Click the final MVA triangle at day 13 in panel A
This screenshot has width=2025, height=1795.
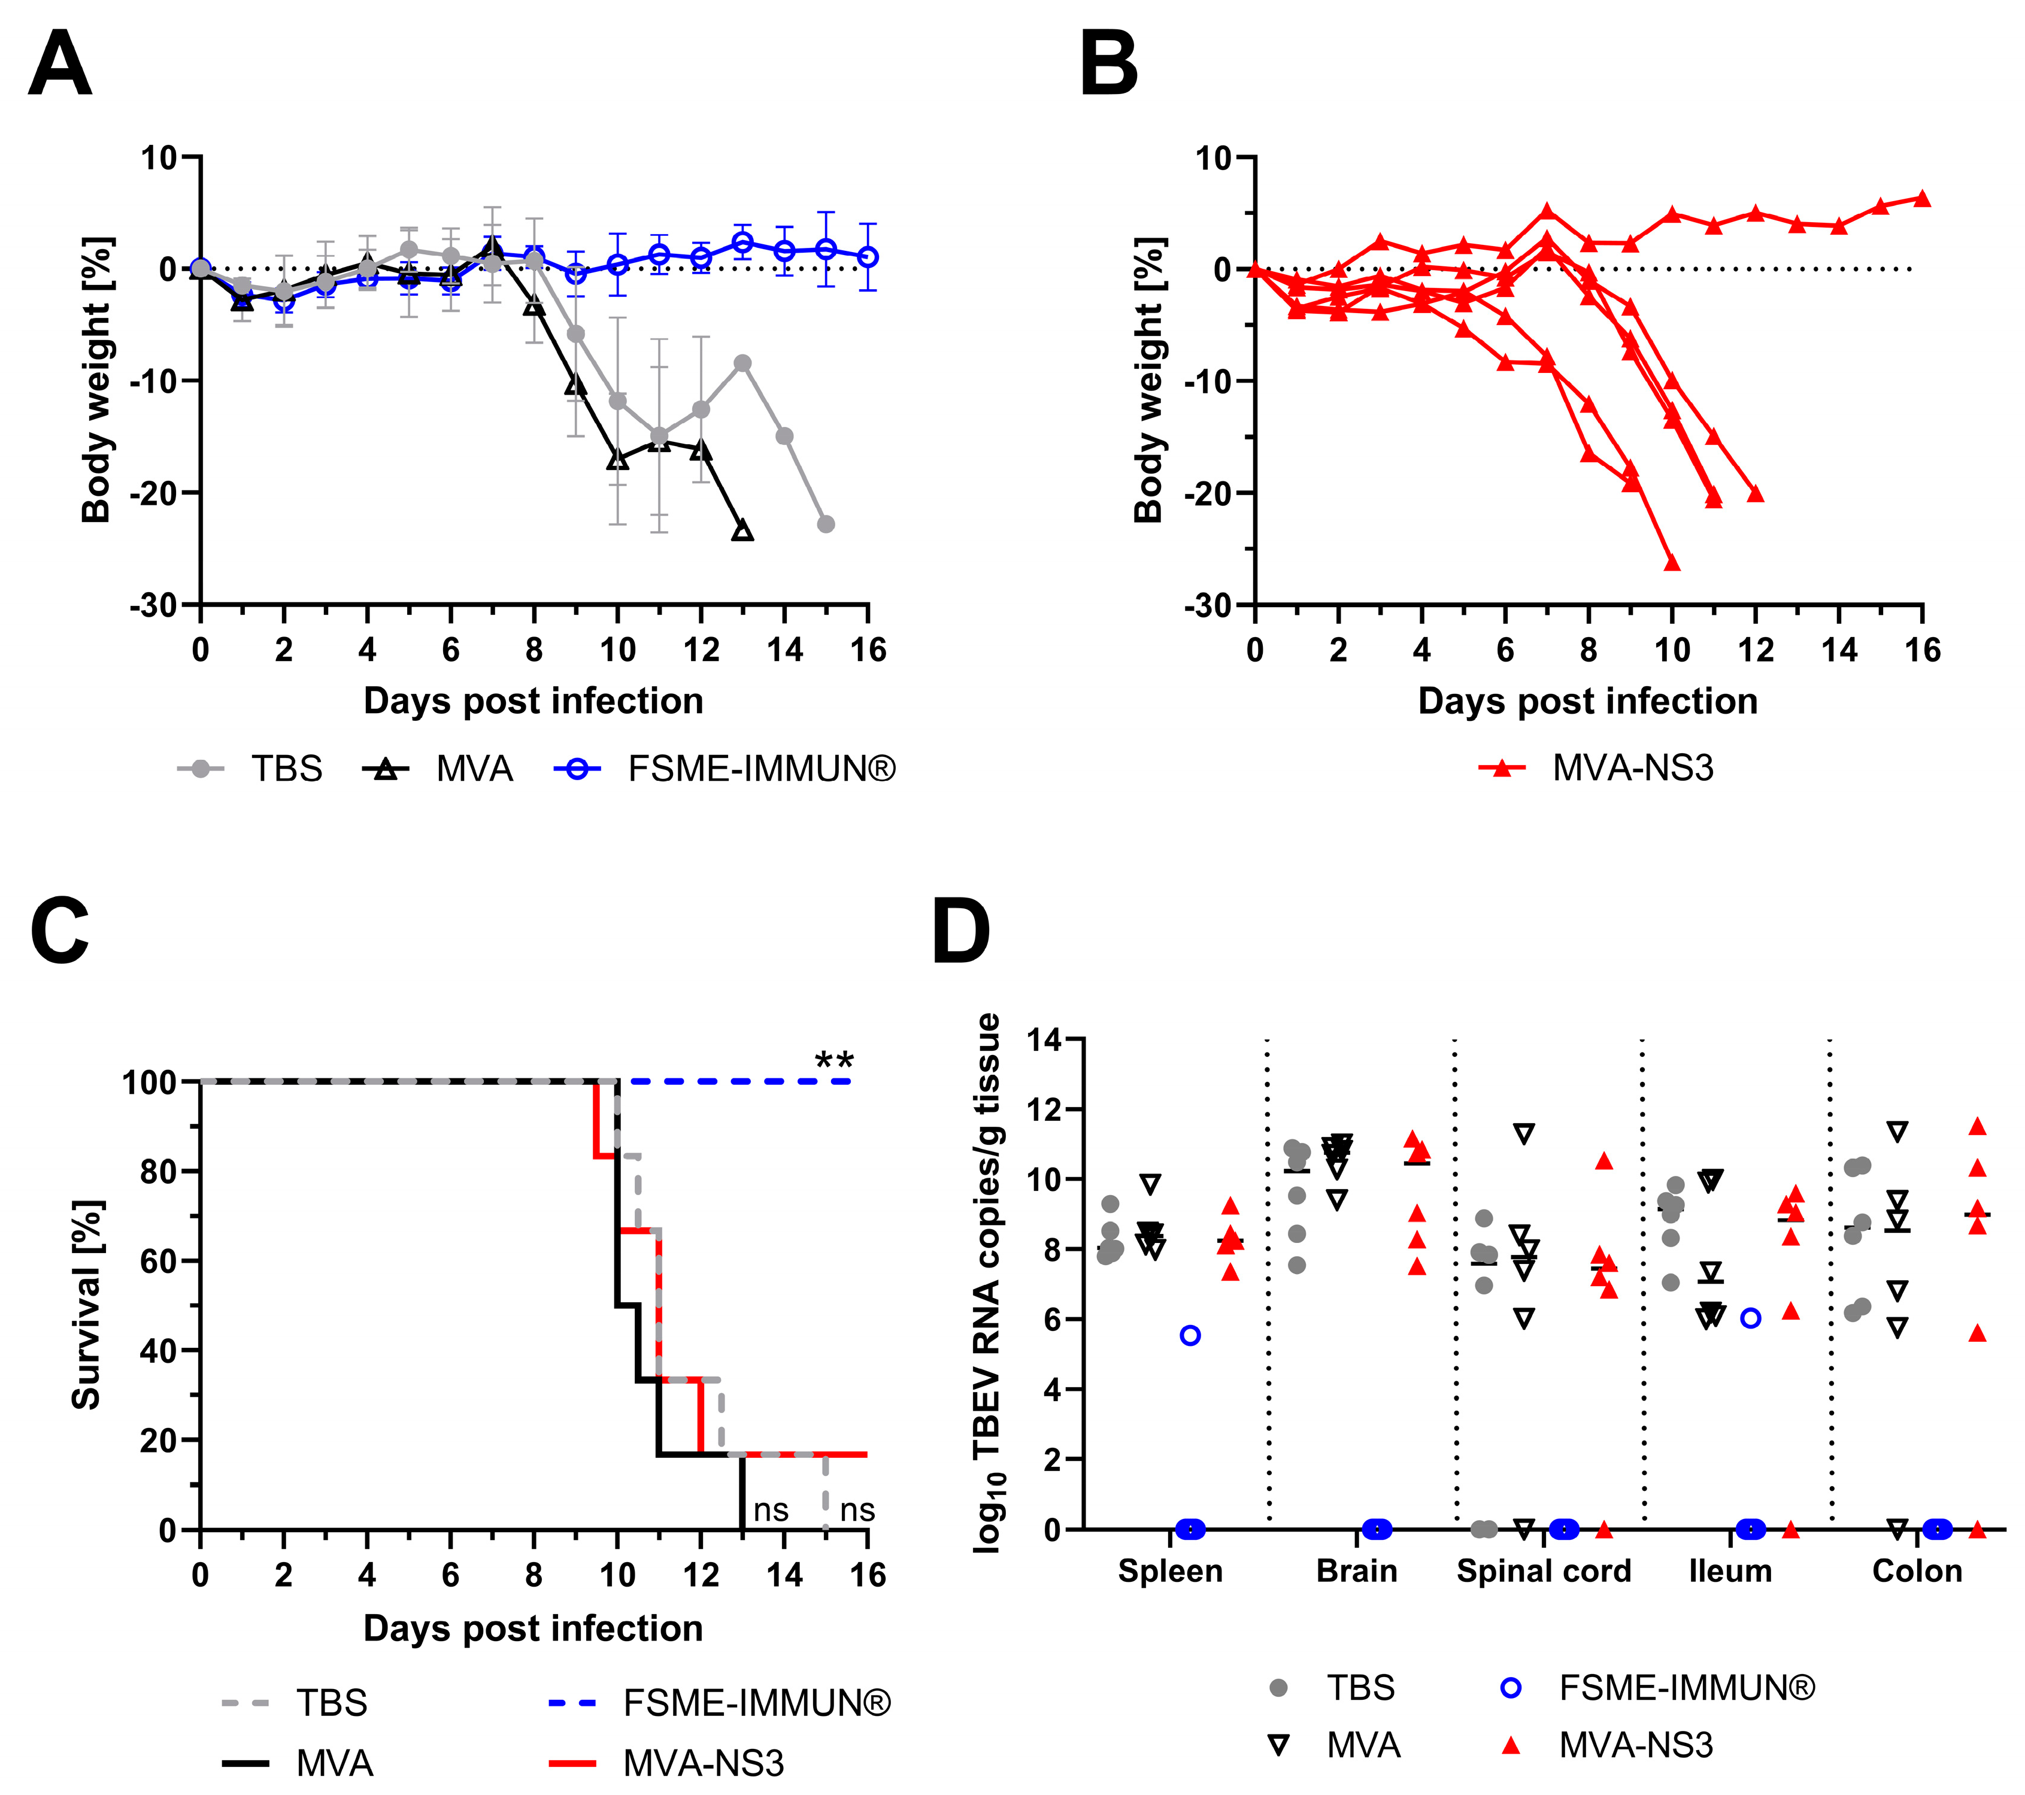point(742,532)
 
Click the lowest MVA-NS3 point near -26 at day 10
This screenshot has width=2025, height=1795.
point(1672,563)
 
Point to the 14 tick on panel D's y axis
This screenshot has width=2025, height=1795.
point(1045,1040)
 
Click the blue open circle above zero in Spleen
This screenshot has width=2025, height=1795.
point(1191,1335)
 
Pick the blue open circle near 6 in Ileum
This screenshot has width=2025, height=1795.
point(1751,1318)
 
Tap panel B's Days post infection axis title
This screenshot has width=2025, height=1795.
point(1587,701)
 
